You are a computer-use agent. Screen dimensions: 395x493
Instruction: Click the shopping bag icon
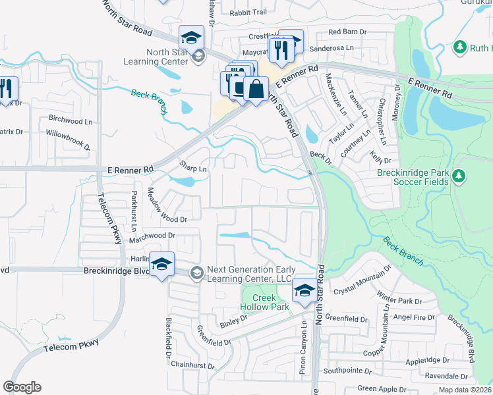point(256,89)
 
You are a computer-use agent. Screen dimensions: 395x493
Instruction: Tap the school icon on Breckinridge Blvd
point(161,265)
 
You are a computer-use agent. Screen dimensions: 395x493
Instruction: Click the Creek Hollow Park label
point(266,302)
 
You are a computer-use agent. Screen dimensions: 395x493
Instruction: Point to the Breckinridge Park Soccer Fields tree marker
point(459,176)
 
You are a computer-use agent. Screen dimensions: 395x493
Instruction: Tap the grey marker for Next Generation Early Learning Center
point(196,273)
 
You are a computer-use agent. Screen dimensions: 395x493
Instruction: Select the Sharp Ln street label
point(193,169)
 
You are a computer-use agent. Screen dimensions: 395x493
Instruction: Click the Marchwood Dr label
point(153,235)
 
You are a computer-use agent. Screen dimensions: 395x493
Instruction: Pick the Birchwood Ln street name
point(71,121)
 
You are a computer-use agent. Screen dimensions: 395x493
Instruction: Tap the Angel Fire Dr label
point(414,317)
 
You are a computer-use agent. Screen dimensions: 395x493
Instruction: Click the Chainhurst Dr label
point(192,365)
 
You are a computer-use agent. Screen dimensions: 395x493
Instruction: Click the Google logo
point(22,386)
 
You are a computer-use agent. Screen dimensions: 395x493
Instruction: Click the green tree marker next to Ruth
point(459,47)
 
